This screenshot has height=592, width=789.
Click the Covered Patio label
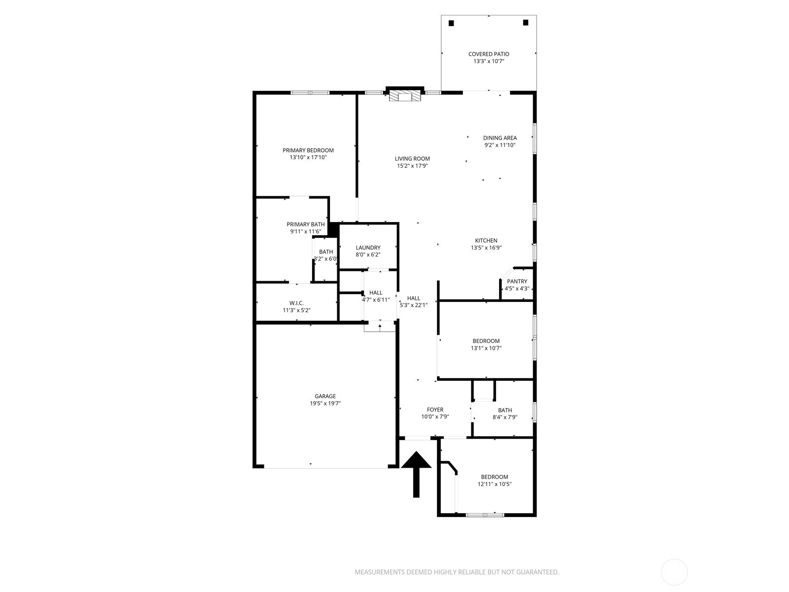coord(488,54)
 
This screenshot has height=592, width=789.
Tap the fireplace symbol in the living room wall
coord(405,96)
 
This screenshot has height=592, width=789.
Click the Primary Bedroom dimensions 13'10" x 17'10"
coord(308,157)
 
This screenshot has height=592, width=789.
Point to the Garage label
coord(325,396)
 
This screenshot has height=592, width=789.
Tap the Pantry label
coord(517,281)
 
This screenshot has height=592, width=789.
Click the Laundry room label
coord(368,248)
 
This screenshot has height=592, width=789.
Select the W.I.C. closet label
coord(296,303)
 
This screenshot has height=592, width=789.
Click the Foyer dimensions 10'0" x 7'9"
coord(435,417)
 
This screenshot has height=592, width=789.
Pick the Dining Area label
coord(500,138)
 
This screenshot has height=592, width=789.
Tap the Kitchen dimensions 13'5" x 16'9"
coord(486,248)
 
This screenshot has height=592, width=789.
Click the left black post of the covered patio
coord(451,23)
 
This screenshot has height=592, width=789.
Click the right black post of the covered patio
coord(526,23)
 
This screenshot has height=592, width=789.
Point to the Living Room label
coord(412,159)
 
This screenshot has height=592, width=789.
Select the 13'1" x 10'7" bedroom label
coord(486,341)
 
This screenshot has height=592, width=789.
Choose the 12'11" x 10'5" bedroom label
coord(495,477)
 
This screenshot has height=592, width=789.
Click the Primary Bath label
coord(306,224)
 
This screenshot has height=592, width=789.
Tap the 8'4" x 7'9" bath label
coord(505,410)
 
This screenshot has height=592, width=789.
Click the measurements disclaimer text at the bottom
coord(457,572)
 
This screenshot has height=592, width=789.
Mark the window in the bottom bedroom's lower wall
coord(485,515)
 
